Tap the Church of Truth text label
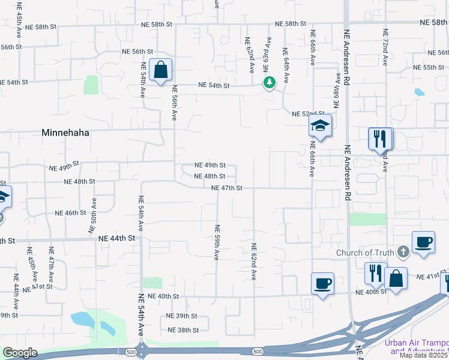point(366,253)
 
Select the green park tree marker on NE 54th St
point(270,82)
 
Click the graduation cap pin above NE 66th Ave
point(320,127)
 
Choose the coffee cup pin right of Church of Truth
point(424,242)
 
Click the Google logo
point(20,353)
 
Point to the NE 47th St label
point(227,188)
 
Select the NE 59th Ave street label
point(216,242)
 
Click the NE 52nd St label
point(308,114)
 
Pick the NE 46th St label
point(71,213)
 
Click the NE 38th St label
point(183,330)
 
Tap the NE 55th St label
point(433,67)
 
